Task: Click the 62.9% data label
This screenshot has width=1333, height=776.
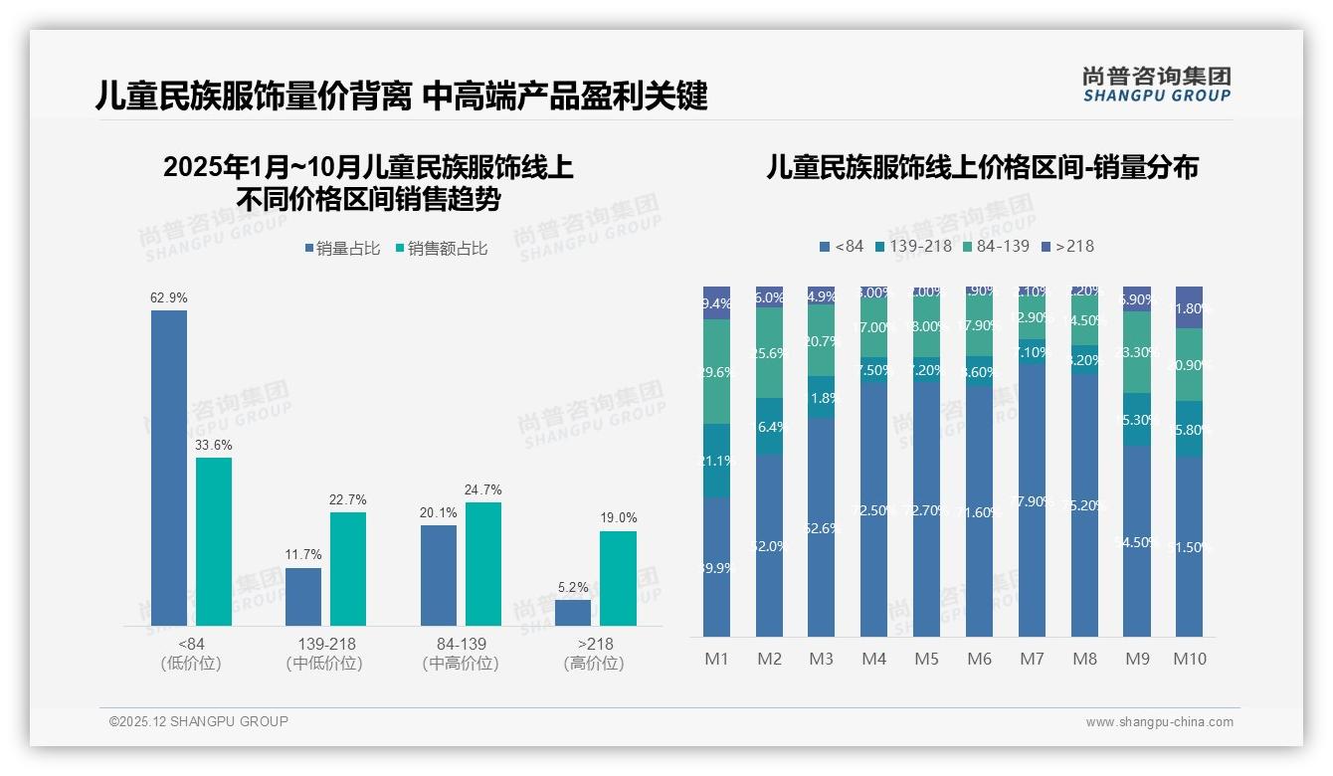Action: (x=169, y=297)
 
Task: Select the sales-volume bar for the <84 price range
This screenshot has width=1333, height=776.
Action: (x=169, y=468)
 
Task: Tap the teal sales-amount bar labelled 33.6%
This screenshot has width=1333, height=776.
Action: (x=214, y=542)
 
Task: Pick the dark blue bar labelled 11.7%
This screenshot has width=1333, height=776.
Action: (x=303, y=597)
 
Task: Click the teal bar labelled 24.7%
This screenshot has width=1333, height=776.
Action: (x=483, y=564)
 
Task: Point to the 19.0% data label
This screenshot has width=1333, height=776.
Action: (x=618, y=517)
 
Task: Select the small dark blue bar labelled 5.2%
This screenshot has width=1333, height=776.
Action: (x=573, y=613)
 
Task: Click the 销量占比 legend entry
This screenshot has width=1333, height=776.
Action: (x=342, y=249)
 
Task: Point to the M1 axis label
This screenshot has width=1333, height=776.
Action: (x=716, y=659)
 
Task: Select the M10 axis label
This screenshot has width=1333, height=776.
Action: (x=1189, y=659)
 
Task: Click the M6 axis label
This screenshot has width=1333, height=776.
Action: (x=979, y=659)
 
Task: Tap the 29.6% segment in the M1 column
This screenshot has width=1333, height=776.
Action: (x=716, y=372)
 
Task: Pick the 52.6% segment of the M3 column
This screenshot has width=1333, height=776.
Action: (x=821, y=527)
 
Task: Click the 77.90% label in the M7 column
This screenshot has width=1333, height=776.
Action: (x=1032, y=501)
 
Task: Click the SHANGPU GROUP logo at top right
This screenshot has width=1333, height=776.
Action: (x=1156, y=85)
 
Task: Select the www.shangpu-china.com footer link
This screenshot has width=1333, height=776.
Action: (x=1159, y=722)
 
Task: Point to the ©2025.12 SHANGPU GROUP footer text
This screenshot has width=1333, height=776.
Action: (x=199, y=721)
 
